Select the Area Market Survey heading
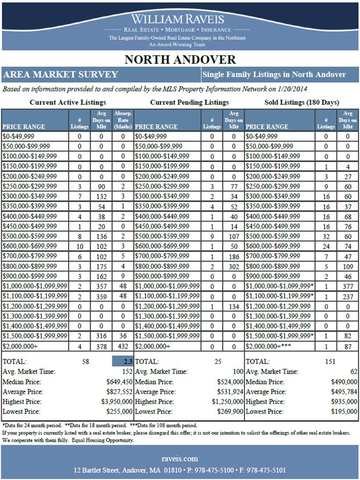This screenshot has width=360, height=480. point(60,74)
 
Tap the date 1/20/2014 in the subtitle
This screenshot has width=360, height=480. point(291,89)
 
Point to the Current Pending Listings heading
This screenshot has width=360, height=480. point(189,102)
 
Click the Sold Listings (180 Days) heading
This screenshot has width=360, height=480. point(302,102)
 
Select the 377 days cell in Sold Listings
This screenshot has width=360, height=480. point(348,287)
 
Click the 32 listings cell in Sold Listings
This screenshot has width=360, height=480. point(326,236)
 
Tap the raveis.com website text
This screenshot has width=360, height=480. point(180,459)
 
